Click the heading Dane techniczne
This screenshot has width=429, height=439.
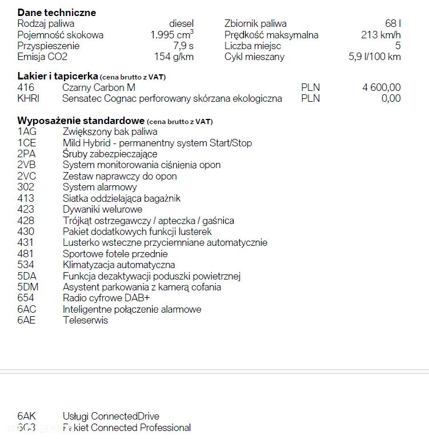pyautogui.click(x=57, y=13)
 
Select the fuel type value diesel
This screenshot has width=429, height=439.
pyautogui.click(x=181, y=24)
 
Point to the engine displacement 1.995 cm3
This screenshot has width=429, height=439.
pyautogui.click(x=171, y=35)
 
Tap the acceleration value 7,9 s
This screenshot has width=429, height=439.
pyautogui.click(x=183, y=46)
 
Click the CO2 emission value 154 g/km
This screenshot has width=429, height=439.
pyautogui.click(x=174, y=57)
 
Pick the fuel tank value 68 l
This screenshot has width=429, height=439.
pyautogui.click(x=392, y=24)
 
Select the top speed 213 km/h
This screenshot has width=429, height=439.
pyautogui.click(x=381, y=35)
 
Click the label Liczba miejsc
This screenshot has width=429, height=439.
pyautogui.click(x=252, y=46)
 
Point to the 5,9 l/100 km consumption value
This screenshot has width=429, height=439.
pyautogui.click(x=374, y=57)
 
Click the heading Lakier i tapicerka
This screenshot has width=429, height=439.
pyautogui.click(x=58, y=76)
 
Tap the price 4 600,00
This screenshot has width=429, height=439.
pyautogui.click(x=381, y=87)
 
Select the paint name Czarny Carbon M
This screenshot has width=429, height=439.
pyautogui.click(x=99, y=87)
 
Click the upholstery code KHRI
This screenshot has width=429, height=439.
pyautogui.click(x=29, y=98)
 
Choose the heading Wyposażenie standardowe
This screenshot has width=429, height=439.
pyautogui.click(x=81, y=121)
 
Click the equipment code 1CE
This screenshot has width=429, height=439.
pyautogui.click(x=27, y=143)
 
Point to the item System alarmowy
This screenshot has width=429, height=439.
pyautogui.click(x=99, y=187)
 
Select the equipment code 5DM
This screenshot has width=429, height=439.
pyautogui.click(x=28, y=287)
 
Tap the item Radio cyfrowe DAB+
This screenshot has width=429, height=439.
pyautogui.click(x=106, y=298)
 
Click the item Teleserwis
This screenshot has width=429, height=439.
pyautogui.click(x=85, y=320)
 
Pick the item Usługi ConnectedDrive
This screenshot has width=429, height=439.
pyautogui.click(x=111, y=416)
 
